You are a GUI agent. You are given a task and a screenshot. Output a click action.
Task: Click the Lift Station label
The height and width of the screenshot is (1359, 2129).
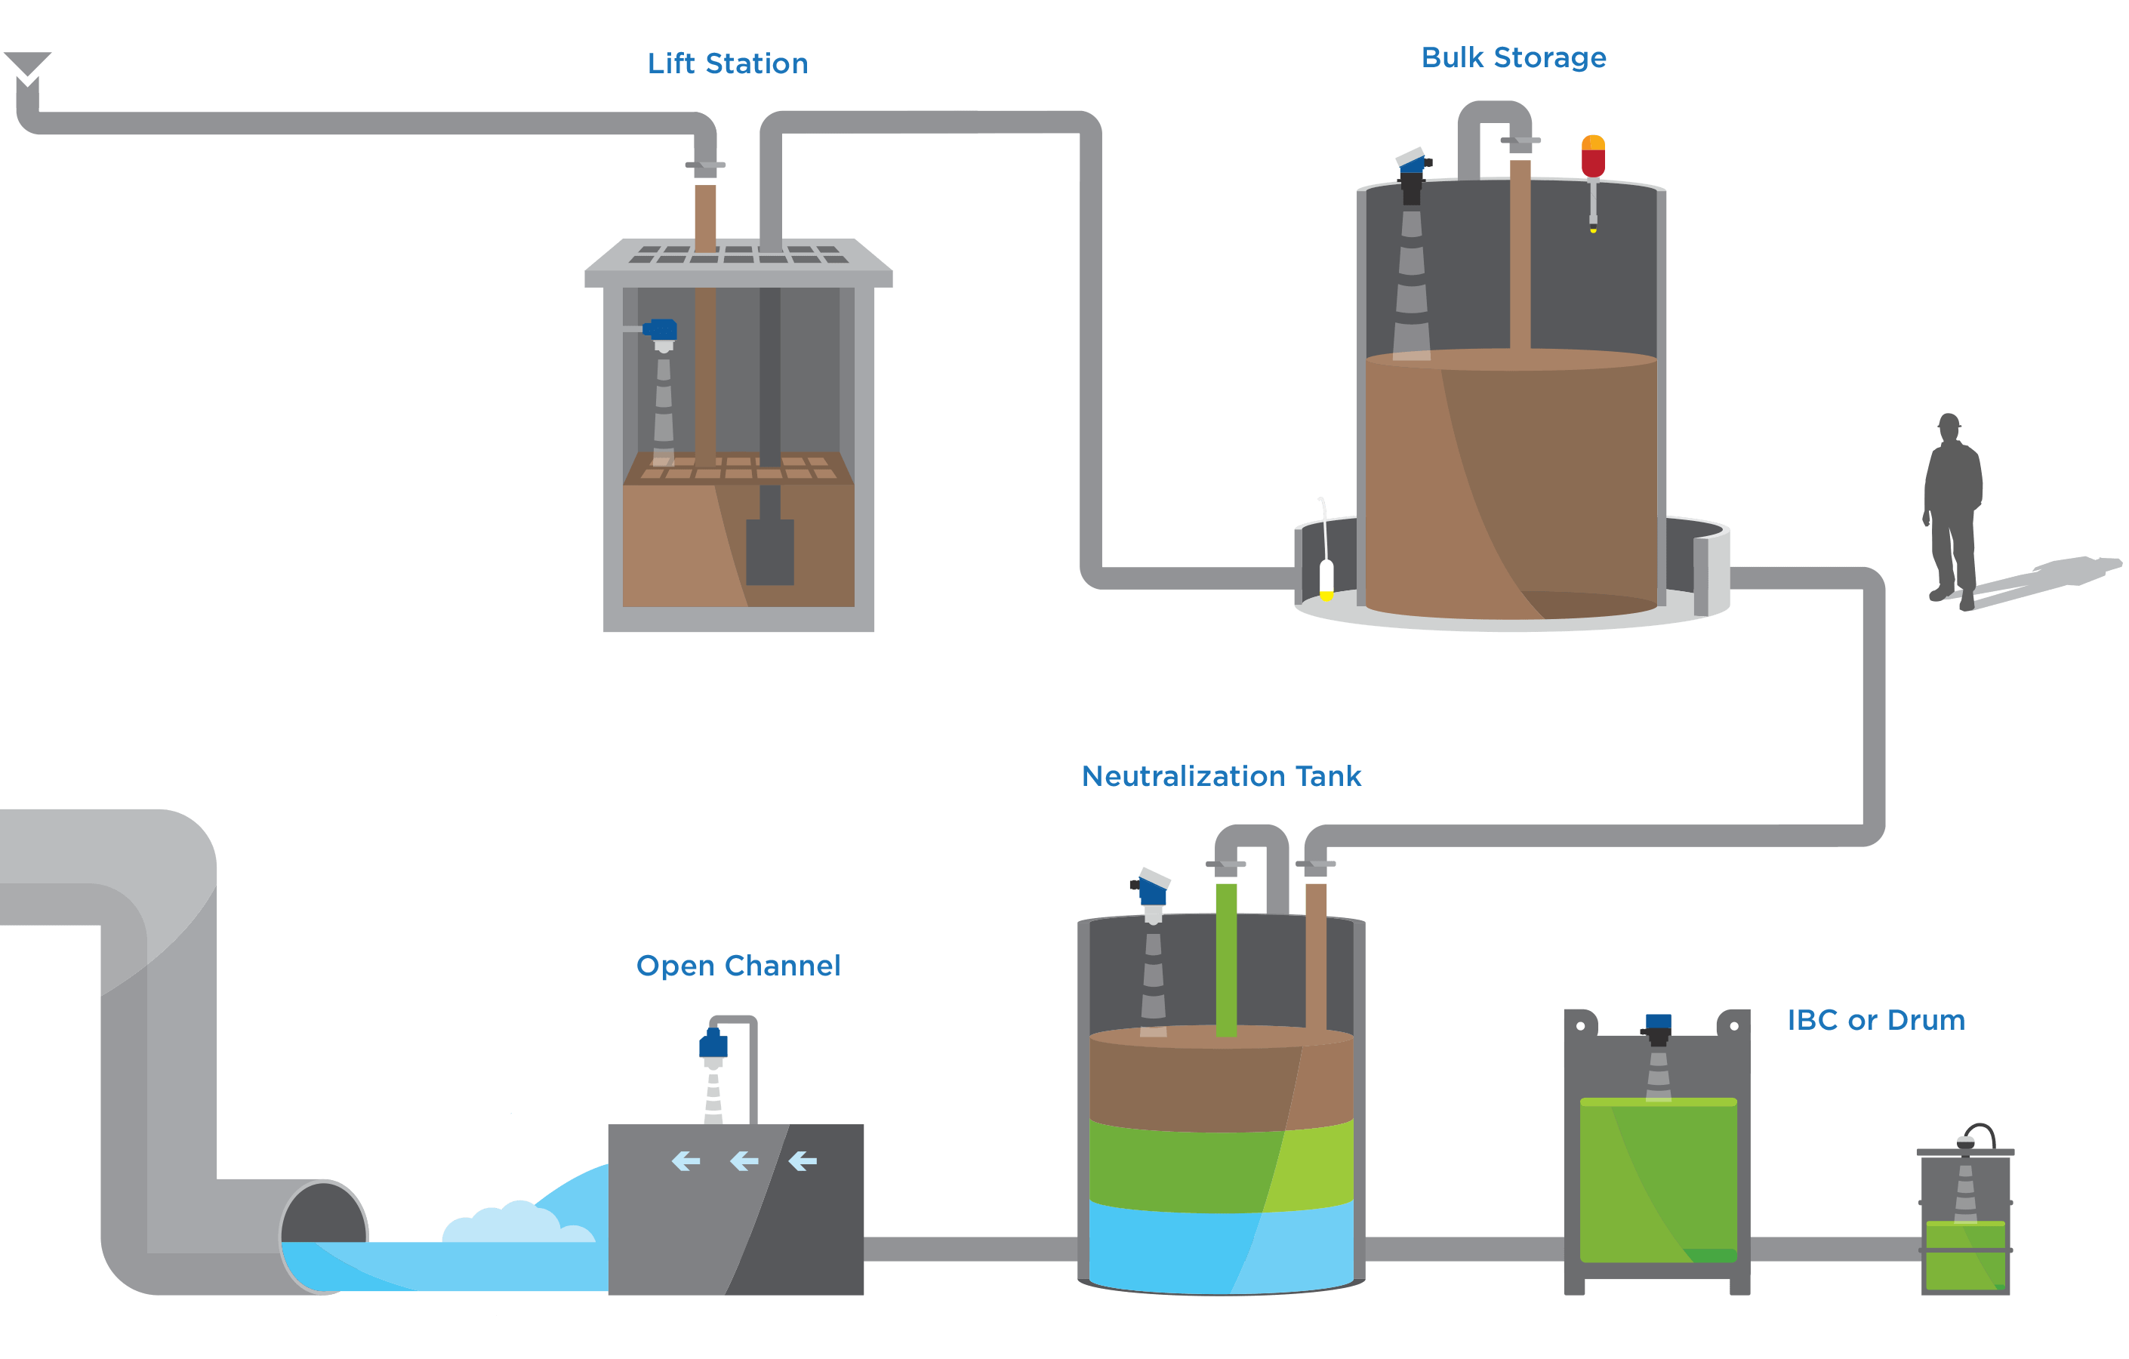(x=727, y=63)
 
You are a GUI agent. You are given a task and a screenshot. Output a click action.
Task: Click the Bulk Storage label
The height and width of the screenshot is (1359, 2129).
(x=1513, y=57)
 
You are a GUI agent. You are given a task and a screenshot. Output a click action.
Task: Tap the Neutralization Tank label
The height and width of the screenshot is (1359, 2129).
(x=1221, y=776)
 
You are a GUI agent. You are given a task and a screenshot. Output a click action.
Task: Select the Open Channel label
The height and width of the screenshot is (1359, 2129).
(x=738, y=966)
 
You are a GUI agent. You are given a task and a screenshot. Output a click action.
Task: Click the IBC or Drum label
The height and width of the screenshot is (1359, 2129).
(x=1875, y=1019)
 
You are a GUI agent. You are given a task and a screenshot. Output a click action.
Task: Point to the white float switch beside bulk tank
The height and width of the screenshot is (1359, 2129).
(x=1326, y=579)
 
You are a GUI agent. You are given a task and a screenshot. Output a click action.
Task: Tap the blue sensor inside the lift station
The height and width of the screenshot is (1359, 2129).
(x=661, y=331)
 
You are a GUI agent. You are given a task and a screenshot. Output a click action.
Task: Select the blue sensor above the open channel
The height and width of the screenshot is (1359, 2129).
(x=713, y=1045)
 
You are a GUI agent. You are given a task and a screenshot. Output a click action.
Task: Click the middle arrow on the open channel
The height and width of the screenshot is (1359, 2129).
(x=744, y=1161)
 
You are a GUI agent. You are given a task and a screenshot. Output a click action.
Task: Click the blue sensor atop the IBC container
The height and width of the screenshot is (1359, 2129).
(x=1658, y=1023)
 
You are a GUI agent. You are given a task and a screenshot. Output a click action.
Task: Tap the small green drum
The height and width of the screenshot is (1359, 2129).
(x=1964, y=1256)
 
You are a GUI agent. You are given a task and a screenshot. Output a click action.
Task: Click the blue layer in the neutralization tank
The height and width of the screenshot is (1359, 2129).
(x=1220, y=1247)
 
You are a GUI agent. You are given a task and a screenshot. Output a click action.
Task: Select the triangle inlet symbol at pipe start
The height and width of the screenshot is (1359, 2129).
(x=27, y=64)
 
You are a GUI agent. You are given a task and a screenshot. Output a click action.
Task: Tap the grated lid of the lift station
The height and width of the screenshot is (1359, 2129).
(x=738, y=255)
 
